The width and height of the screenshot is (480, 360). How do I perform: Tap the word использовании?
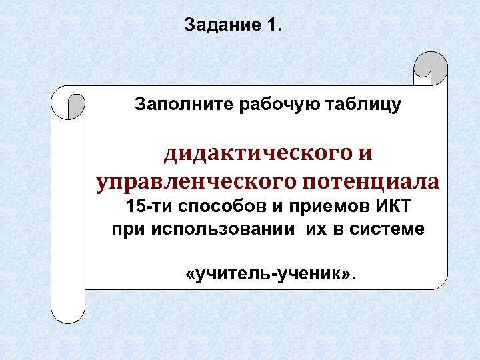(x=225, y=229)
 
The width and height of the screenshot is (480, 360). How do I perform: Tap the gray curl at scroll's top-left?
(x=76, y=106)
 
